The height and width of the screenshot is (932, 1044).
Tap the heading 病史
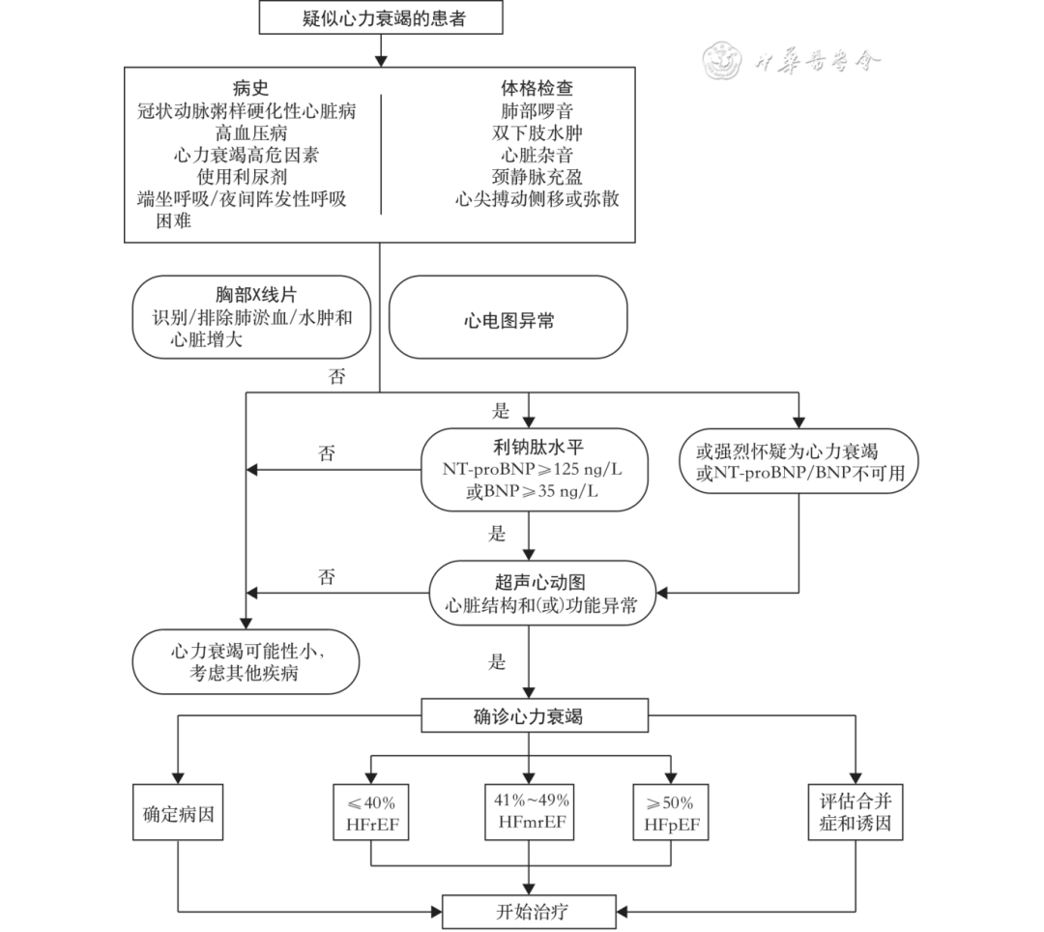tap(251, 88)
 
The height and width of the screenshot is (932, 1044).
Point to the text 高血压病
tap(251, 132)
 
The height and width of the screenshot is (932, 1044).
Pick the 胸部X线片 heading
tap(251, 296)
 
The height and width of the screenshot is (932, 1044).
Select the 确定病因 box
tap(178, 814)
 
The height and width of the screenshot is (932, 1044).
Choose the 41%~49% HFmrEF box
tap(531, 812)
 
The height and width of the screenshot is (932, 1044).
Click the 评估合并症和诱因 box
tap(855, 814)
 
